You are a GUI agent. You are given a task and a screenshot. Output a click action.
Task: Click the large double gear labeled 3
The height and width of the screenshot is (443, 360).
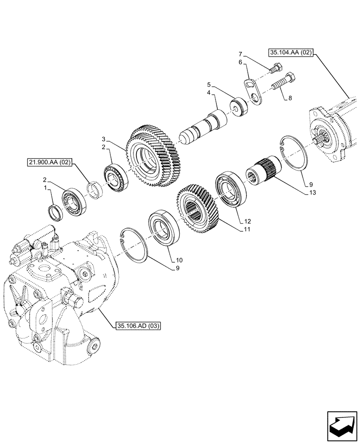pyautogui.click(x=154, y=157)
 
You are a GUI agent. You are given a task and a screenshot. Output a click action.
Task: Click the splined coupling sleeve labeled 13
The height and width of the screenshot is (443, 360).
pyautogui.click(x=262, y=174)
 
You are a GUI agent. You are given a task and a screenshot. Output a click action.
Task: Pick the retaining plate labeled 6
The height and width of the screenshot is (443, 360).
pyautogui.click(x=254, y=90)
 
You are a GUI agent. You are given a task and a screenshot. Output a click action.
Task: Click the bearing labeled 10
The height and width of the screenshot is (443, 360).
pyautogui.click(x=164, y=228)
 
